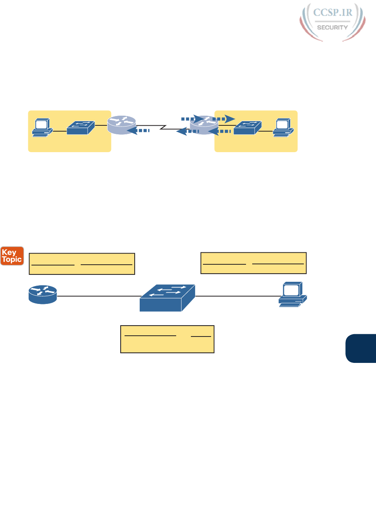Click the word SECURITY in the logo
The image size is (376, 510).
332,28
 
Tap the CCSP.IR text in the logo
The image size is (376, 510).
333,12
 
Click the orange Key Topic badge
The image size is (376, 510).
12,256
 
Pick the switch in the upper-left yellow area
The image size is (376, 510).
80,128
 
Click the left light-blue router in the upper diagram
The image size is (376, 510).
121,125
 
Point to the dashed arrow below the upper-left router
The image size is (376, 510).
139,131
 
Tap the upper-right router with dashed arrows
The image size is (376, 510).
204,125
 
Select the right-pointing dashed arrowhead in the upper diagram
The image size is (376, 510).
230,118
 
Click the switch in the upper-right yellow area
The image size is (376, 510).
247,128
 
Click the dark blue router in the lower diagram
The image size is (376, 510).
43,294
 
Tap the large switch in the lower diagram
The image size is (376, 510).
167,298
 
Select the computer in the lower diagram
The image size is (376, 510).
293,295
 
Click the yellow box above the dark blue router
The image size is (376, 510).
82,264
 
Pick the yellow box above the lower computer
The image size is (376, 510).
253,263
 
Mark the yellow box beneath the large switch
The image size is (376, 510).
167,339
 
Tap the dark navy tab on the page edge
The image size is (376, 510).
361,348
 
